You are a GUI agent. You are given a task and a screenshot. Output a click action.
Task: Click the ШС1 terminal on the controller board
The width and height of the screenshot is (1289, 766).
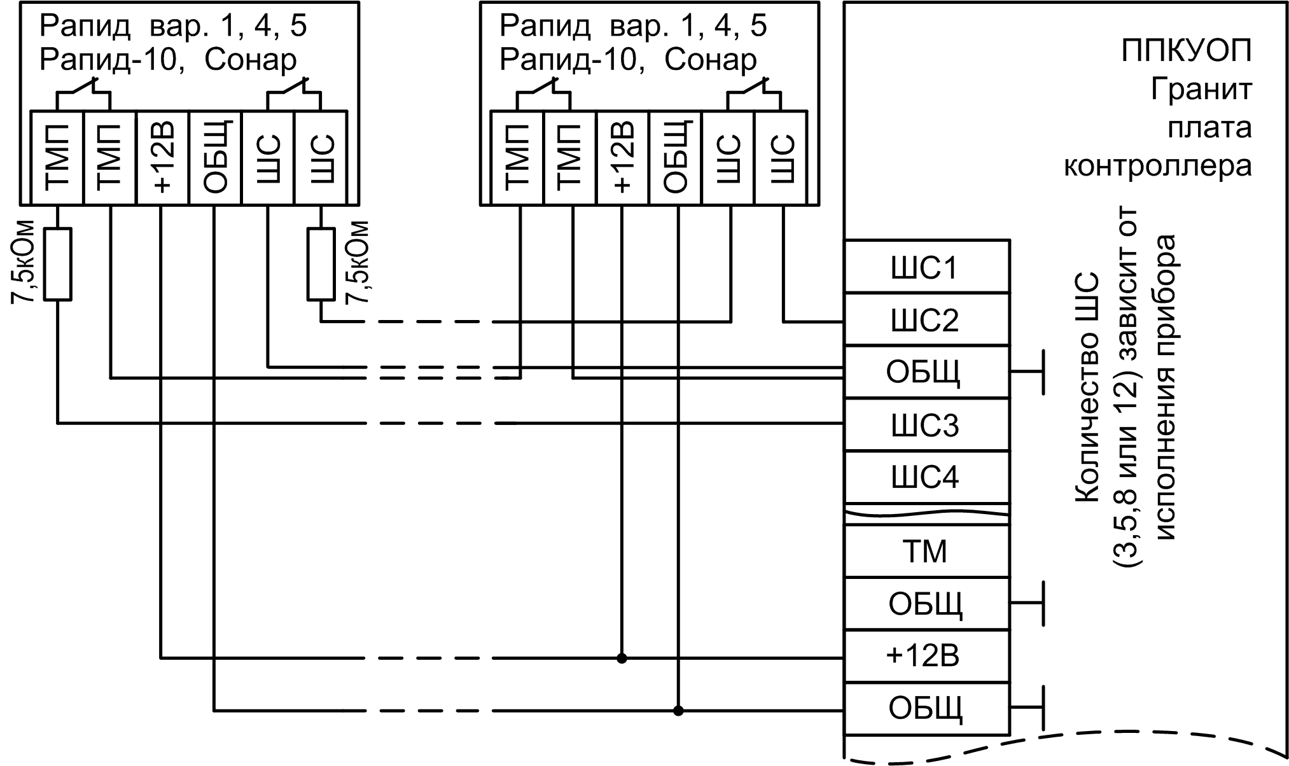coord(926,267)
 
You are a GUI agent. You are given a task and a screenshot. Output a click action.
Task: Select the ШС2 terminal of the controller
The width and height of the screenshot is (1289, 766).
coord(926,320)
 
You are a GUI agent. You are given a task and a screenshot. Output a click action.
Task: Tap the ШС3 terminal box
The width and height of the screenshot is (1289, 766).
coord(926,425)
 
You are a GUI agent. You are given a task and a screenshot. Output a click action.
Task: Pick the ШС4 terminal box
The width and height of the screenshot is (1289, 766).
coord(926,477)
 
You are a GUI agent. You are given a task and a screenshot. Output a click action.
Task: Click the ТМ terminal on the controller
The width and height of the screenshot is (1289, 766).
coord(926,551)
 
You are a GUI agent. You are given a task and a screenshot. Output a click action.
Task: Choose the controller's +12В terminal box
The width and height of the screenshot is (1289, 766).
coord(926,657)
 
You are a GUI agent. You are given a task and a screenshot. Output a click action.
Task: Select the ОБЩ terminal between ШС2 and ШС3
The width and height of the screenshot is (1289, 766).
coord(926,372)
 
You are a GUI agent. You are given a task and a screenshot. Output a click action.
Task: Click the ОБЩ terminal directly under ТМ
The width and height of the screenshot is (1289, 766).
coord(926,604)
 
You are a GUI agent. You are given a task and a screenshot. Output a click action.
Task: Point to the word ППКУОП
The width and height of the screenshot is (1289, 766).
coord(1187,52)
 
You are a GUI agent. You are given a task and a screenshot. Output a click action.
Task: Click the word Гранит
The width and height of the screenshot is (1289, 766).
coord(1201,89)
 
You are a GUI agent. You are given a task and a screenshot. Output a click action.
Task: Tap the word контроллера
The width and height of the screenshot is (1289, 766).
coord(1158,165)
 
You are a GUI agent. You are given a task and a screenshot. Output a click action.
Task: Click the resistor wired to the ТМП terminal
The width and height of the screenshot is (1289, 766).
coord(58,263)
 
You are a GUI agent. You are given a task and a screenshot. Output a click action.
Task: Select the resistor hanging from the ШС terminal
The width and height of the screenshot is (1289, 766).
coord(321,263)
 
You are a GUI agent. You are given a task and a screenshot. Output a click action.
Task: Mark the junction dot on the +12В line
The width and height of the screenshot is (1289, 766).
coord(622,658)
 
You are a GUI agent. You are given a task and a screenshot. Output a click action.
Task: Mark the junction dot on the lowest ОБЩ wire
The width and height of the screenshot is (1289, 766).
coord(678,710)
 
